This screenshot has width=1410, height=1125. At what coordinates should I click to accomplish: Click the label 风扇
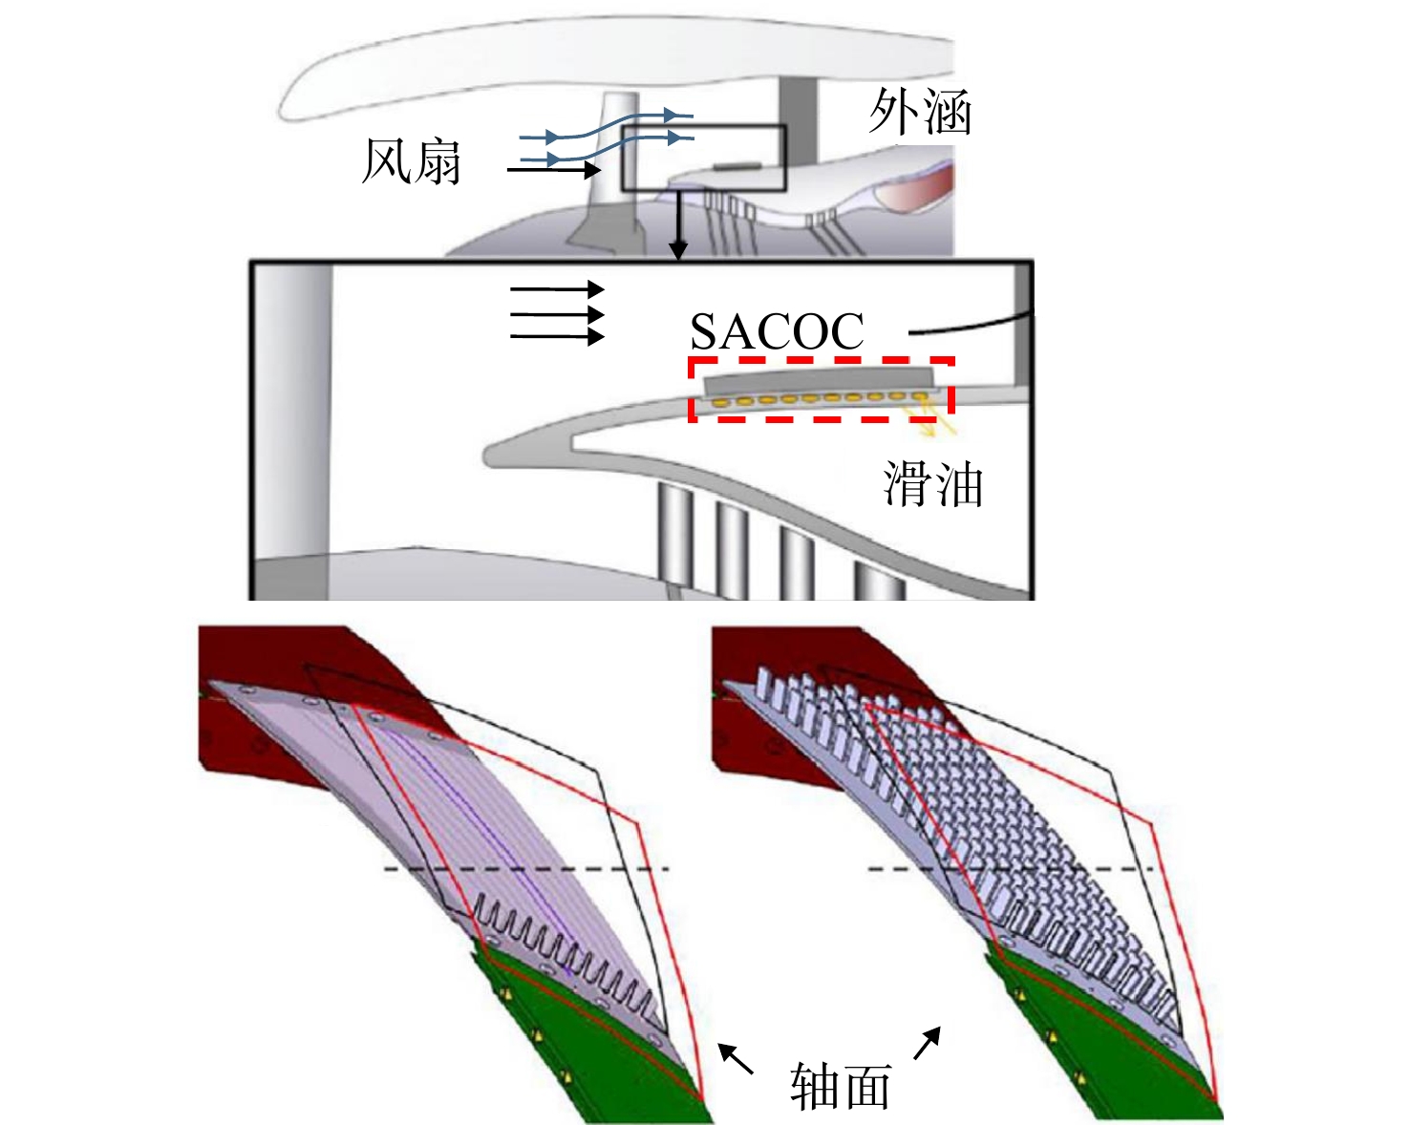point(411,161)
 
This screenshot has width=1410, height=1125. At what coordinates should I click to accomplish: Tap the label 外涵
point(920,112)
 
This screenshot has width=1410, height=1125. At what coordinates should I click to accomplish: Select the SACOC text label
point(777,331)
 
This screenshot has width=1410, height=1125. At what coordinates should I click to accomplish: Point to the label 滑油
point(933,483)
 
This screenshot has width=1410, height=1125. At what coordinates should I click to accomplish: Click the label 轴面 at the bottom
point(841,1086)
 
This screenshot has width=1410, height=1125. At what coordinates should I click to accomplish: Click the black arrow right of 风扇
point(554,170)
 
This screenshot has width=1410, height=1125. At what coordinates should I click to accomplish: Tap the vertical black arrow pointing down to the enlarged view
point(678,223)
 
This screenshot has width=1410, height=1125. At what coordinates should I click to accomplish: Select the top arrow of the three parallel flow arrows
point(557,288)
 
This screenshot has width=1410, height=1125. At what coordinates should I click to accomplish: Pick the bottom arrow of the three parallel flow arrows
point(557,337)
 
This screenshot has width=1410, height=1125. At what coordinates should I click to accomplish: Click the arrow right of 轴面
point(928,1043)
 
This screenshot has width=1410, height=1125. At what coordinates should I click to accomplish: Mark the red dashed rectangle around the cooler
point(690,390)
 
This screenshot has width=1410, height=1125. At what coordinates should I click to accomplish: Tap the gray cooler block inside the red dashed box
point(818,383)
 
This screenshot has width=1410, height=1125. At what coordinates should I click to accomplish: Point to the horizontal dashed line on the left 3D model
point(526,869)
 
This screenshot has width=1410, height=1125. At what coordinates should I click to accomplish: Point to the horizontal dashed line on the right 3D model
point(1011,869)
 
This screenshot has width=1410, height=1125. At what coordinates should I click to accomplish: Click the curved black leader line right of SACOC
point(971,326)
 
